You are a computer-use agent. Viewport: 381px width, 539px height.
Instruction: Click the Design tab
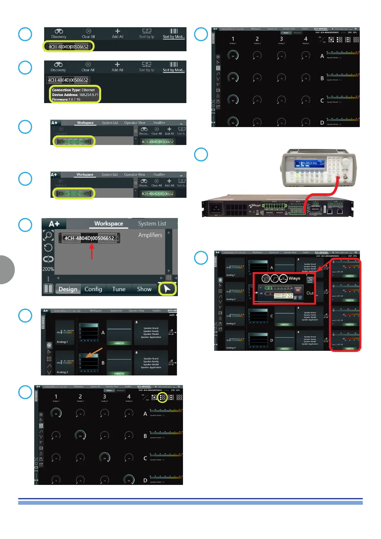point(68,289)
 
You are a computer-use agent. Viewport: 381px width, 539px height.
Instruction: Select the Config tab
point(93,289)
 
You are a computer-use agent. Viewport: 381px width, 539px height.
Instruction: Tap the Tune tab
point(119,289)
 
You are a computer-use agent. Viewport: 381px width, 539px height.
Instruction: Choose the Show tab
point(144,289)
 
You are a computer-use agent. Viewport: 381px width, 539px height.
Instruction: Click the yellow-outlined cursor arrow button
point(167,289)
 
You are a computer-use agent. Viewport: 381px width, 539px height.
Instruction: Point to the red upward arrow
point(92,251)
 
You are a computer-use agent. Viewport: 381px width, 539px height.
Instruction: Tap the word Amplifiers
point(150,235)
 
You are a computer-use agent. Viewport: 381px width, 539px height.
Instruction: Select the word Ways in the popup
point(294,278)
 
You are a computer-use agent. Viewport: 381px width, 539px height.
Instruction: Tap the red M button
point(298,290)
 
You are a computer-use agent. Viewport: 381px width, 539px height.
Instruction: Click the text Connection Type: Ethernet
point(73,90)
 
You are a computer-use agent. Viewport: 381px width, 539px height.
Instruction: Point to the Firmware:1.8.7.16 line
point(66,100)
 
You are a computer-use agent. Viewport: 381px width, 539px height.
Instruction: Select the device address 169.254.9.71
point(89,95)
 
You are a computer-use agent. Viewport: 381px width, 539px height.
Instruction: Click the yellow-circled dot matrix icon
point(163,398)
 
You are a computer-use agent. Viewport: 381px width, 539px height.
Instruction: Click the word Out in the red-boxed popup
point(310,293)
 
